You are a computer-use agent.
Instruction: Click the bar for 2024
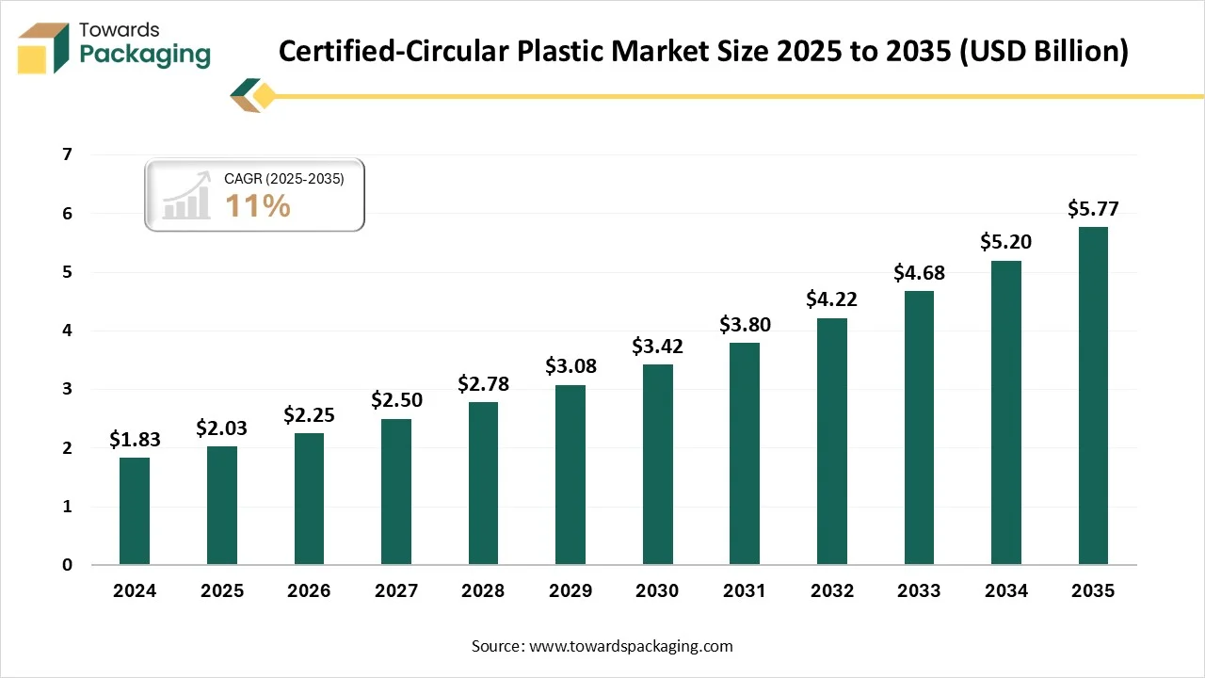(x=135, y=511)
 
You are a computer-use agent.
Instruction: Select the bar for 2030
(x=657, y=464)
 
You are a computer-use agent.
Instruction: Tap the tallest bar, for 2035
(x=1093, y=395)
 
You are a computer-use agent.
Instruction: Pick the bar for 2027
(x=396, y=492)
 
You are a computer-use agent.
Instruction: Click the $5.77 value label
(x=1093, y=209)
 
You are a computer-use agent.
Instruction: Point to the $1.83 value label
(x=135, y=439)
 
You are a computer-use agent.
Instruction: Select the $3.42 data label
(x=657, y=346)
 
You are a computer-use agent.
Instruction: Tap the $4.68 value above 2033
(x=919, y=273)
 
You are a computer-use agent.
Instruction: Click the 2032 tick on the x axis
(x=831, y=591)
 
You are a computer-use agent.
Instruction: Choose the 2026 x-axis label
(x=309, y=591)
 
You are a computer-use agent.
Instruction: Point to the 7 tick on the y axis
(x=67, y=154)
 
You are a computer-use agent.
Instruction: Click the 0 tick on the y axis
(x=67, y=565)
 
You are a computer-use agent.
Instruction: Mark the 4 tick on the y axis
(x=67, y=331)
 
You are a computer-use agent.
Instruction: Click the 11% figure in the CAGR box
(x=257, y=205)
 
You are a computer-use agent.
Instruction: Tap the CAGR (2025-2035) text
(x=283, y=178)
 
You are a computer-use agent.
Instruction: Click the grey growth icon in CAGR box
(x=186, y=196)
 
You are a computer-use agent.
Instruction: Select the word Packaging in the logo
(x=145, y=55)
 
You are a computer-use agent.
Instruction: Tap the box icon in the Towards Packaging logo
(x=43, y=48)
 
